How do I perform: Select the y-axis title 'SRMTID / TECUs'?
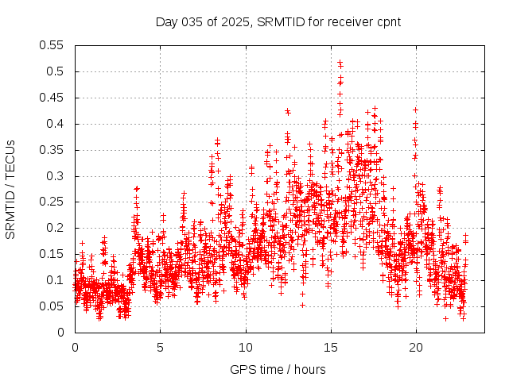click(x=11, y=190)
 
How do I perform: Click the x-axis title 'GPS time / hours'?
click(x=278, y=369)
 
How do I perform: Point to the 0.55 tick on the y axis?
click(x=52, y=45)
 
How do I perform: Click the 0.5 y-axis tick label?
click(x=55, y=71)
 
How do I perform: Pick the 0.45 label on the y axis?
click(x=52, y=98)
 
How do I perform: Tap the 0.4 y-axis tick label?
click(x=55, y=124)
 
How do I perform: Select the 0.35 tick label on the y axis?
click(x=52, y=150)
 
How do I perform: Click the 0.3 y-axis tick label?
click(x=55, y=176)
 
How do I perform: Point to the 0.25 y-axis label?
click(x=52, y=202)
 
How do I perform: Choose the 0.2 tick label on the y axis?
click(x=55, y=228)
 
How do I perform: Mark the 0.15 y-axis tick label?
click(x=52, y=254)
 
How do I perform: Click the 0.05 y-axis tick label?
click(x=52, y=306)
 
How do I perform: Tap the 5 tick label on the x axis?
click(x=160, y=347)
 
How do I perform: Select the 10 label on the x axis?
click(x=246, y=347)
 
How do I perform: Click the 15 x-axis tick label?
click(x=331, y=347)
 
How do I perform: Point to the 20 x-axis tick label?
click(x=416, y=347)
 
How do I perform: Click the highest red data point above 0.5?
click(x=340, y=62)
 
